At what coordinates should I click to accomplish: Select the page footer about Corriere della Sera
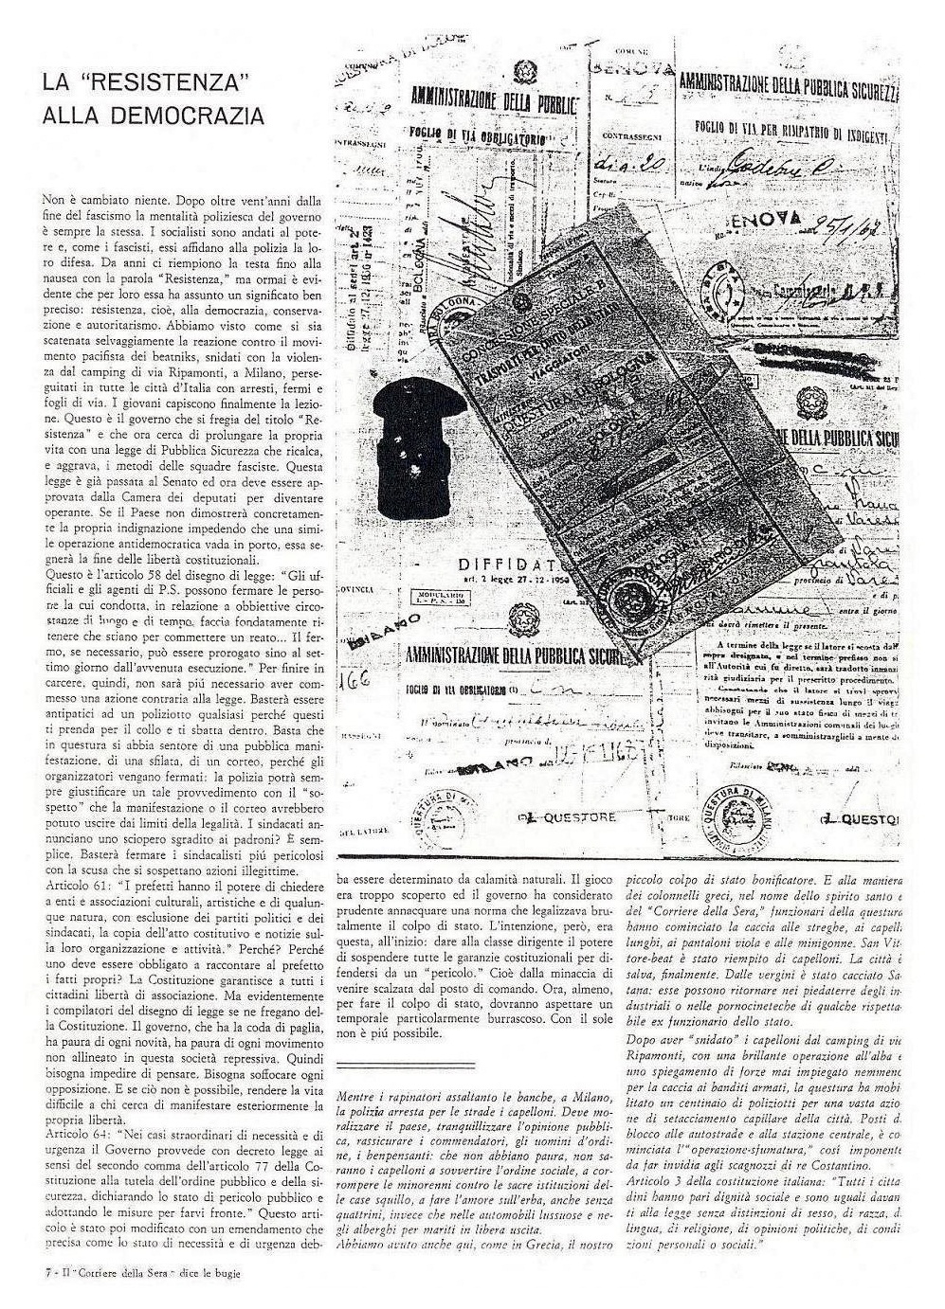[x=142, y=1272]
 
